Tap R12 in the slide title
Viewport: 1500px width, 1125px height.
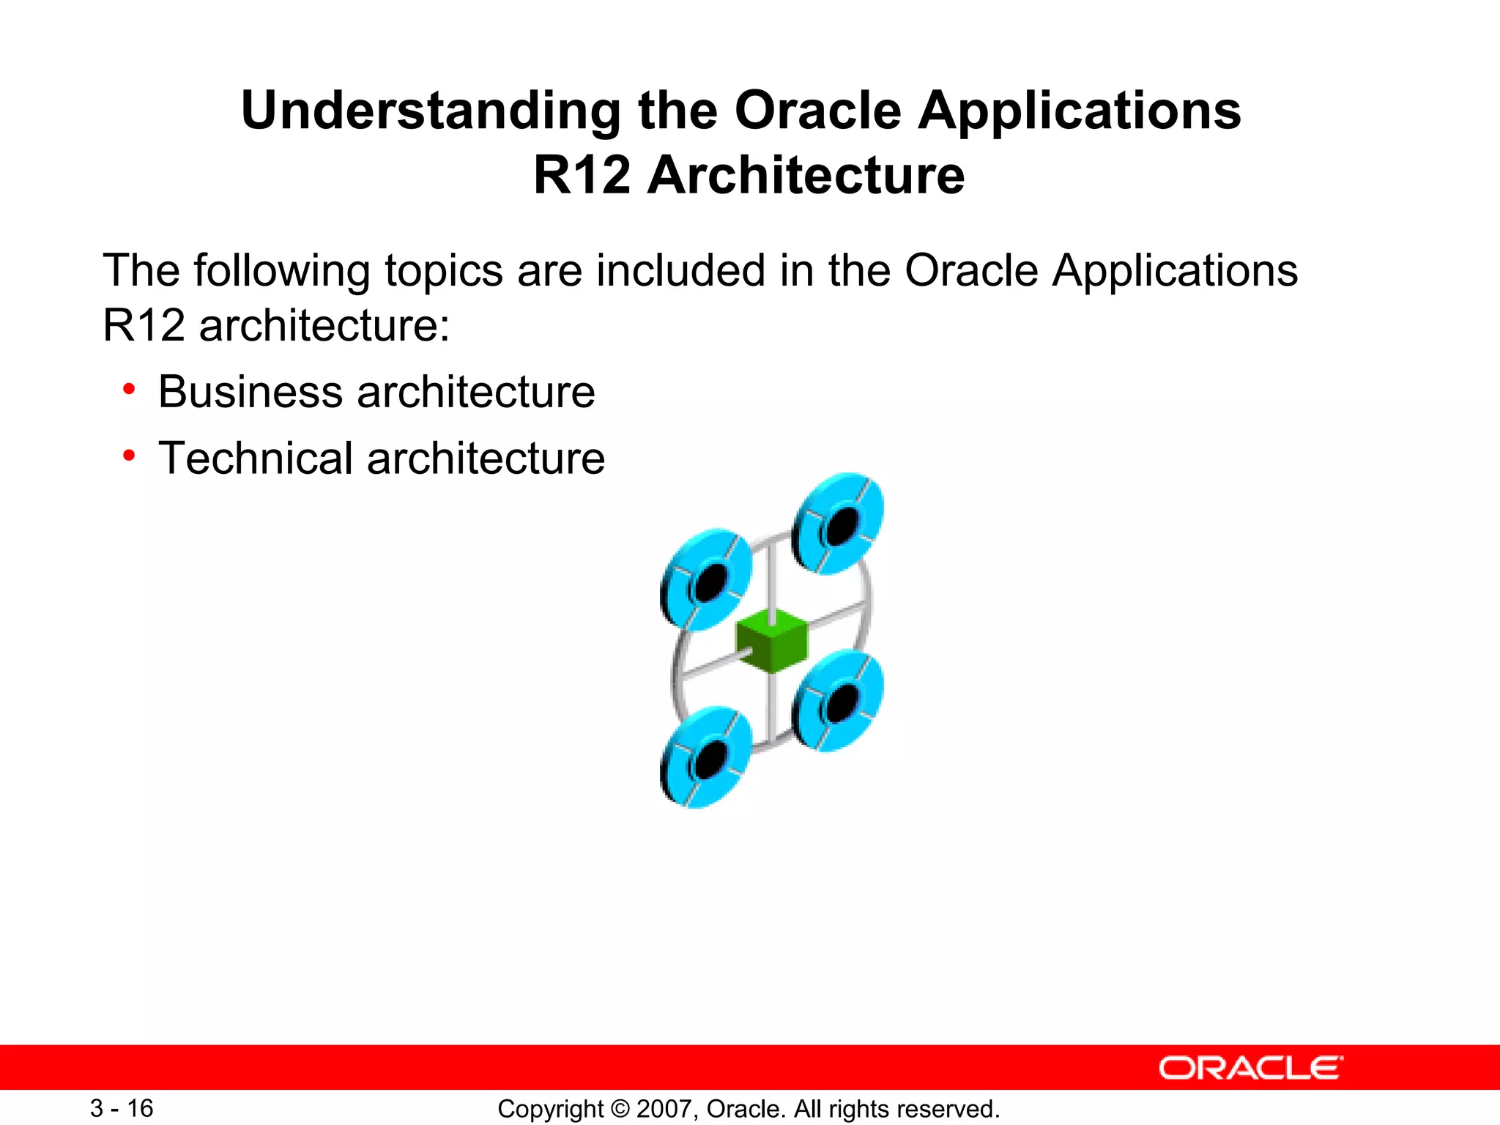tap(582, 176)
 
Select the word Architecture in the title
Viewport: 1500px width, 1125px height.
tap(806, 176)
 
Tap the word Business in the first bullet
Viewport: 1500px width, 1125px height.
tap(250, 392)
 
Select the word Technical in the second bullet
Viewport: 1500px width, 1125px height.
tap(256, 458)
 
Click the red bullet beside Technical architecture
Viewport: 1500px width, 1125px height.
tap(129, 456)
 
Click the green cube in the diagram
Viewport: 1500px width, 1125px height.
tap(772, 640)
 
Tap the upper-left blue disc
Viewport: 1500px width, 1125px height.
tap(706, 579)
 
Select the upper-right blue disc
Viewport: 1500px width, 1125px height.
tap(838, 523)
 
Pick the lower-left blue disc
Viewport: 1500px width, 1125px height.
tap(706, 757)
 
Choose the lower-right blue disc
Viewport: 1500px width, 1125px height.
tap(838, 700)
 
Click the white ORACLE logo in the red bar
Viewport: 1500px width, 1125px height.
tap(1250, 1068)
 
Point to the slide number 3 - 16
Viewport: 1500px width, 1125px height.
tap(122, 1108)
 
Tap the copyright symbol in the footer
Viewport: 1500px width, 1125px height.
tap(620, 1109)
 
